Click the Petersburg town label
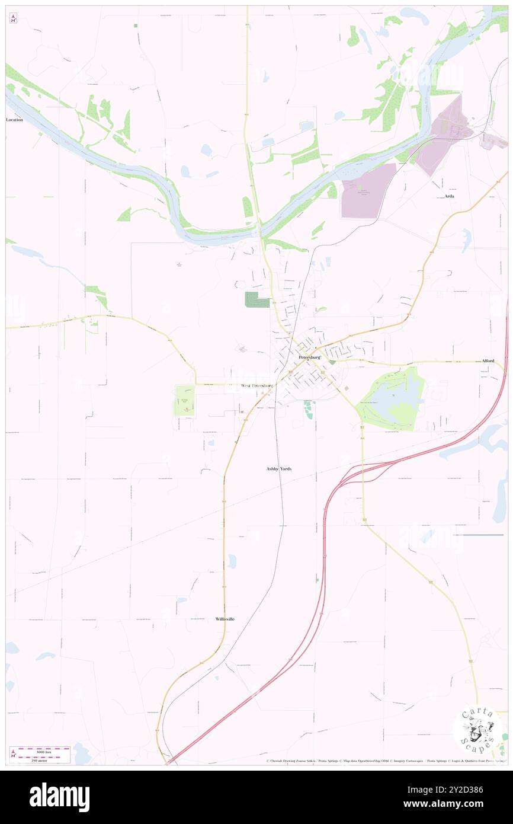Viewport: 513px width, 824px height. [309, 357]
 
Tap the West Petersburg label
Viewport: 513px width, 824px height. [257, 386]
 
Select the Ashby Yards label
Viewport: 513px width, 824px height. [278, 468]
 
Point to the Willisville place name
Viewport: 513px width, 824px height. [225, 619]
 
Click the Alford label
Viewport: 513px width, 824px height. [488, 360]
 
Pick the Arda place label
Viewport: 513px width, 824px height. [450, 196]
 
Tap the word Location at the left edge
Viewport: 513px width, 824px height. [14, 120]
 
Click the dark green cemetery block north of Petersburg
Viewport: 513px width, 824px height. [256, 299]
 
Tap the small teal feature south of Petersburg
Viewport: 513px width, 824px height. [309, 410]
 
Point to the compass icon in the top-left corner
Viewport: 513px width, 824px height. [13, 18]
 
